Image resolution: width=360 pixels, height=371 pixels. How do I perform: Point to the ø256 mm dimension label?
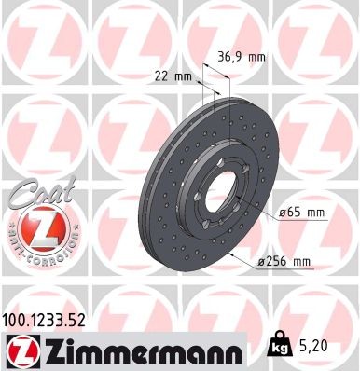coord(286,262)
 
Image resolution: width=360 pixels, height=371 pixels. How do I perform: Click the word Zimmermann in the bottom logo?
coord(132,350)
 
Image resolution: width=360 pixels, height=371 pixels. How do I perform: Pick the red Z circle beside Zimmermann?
coord(20,350)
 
